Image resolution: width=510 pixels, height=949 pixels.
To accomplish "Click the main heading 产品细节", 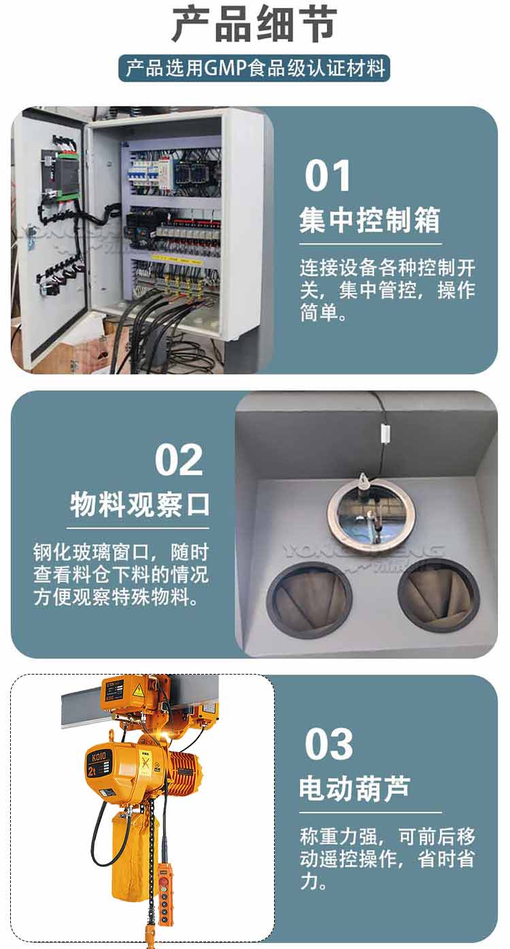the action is point(254,24).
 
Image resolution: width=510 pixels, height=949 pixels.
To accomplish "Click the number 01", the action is point(327,176).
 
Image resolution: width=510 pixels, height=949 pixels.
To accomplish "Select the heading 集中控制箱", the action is point(370,220).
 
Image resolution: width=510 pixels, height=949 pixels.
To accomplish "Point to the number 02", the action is point(178,460).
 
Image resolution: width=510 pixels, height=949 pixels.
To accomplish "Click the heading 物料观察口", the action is point(139,504).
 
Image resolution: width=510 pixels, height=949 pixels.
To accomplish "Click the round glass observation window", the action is point(371,516).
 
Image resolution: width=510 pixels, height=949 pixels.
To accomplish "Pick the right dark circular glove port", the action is point(439,595).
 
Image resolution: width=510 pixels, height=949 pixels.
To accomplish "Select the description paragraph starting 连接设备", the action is point(388,290).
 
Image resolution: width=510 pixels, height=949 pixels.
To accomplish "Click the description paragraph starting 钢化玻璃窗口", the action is point(121,575).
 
